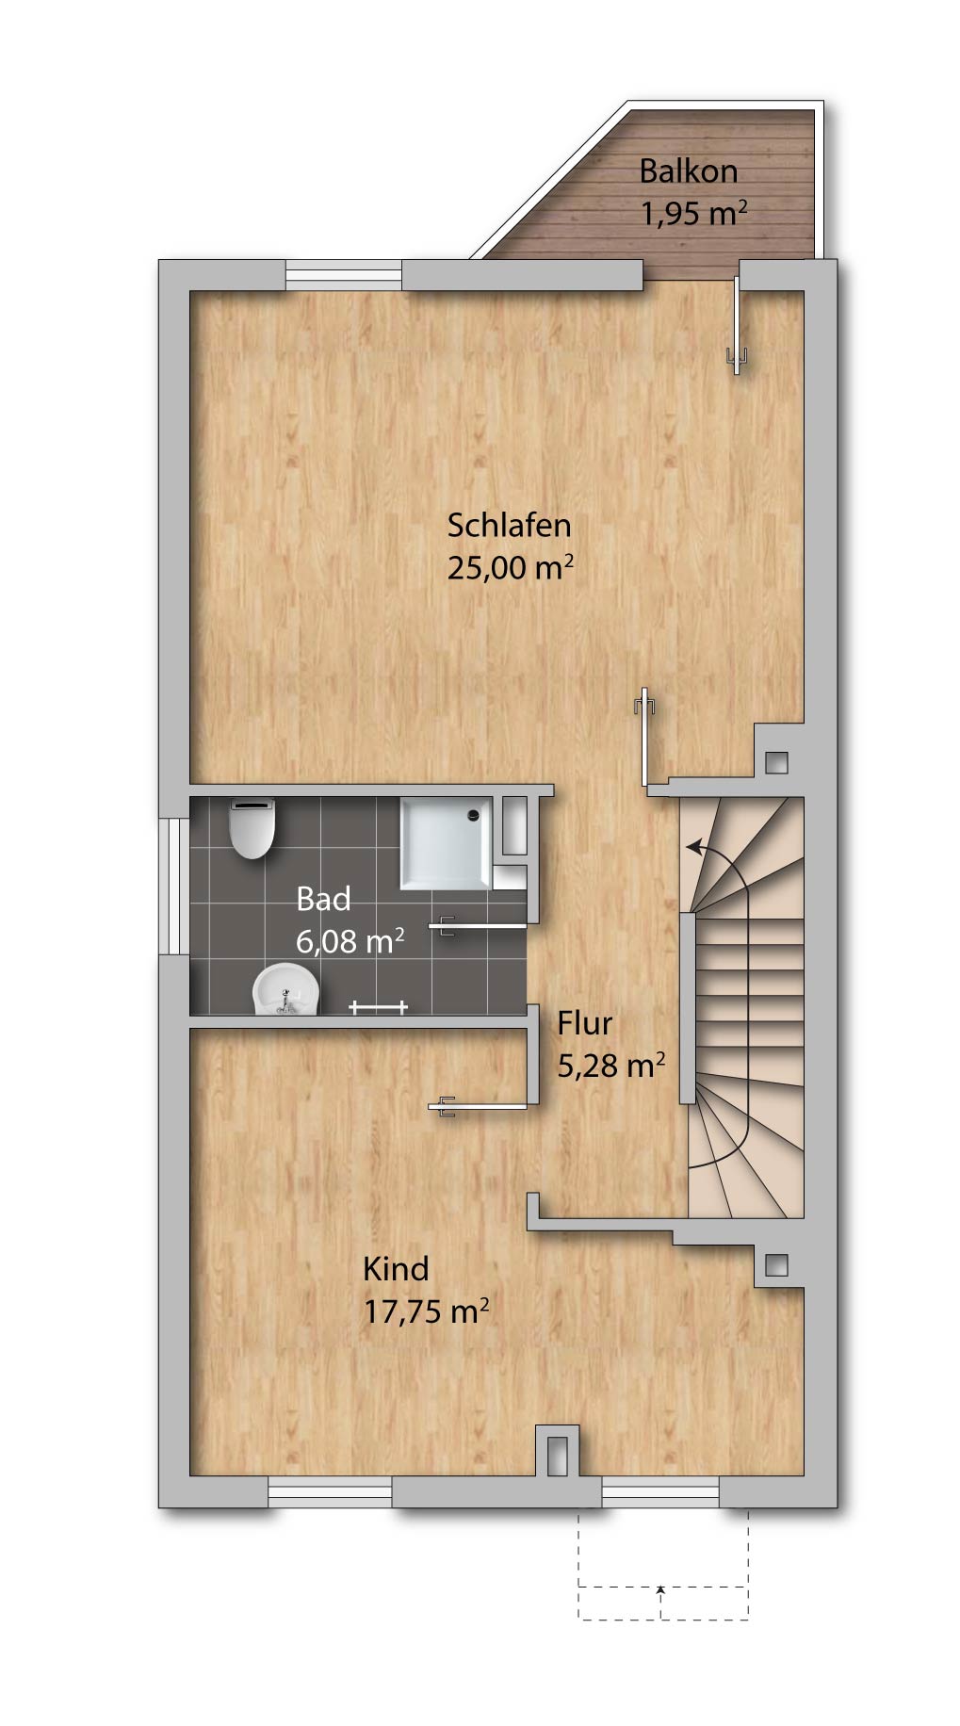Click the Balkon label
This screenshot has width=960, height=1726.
coord(688,171)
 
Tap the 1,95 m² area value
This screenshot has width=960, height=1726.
coord(694,213)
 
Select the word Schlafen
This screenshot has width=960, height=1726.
coord(509,525)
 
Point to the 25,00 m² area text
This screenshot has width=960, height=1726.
coord(511,568)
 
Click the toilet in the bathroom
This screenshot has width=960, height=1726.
coord(252,827)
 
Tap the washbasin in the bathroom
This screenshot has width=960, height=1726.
coord(286,989)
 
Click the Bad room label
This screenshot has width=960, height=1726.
coord(323,899)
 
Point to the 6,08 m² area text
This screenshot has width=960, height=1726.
coord(350,940)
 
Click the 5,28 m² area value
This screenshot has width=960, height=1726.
coord(611,1065)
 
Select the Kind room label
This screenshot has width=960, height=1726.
coord(396,1268)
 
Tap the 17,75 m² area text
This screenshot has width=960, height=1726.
coord(427,1311)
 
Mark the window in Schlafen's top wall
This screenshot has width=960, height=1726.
coord(344,275)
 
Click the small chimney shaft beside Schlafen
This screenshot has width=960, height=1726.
coord(776,761)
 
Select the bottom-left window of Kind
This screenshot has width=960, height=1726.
coord(330,1492)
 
